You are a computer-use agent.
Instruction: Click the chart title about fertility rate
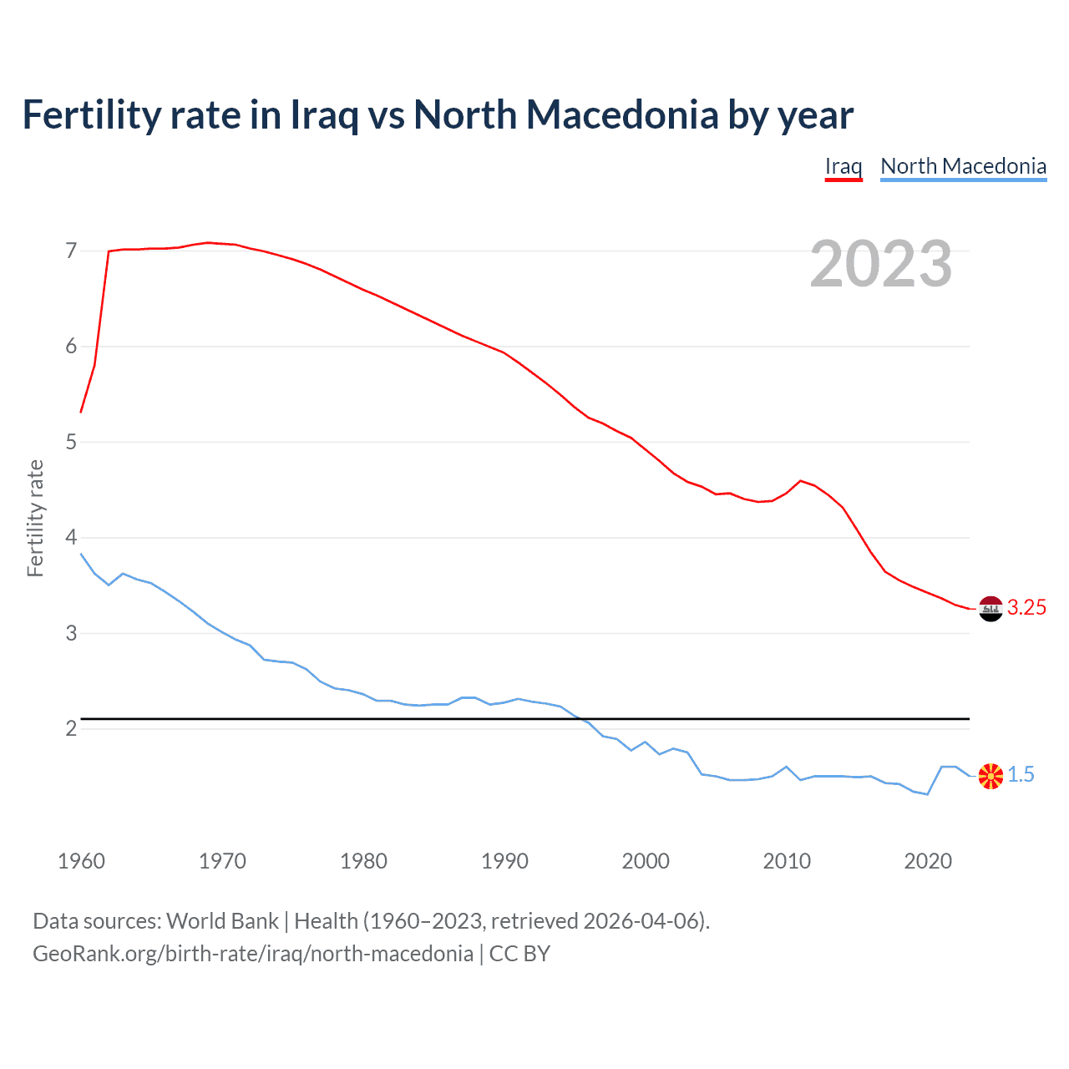(438, 115)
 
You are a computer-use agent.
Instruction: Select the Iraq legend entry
(844, 166)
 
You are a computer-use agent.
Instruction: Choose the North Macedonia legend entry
(963, 166)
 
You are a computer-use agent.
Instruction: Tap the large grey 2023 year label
(881, 264)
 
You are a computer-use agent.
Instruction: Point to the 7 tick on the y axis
(71, 251)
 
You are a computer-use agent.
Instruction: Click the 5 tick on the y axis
(71, 442)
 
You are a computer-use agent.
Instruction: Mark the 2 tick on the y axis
(71, 728)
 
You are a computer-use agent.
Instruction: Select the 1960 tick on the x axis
(81, 861)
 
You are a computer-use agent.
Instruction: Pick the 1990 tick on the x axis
(504, 861)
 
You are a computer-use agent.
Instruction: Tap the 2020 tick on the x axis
(928, 861)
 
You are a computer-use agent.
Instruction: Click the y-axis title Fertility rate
(35, 518)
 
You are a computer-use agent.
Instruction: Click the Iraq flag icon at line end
(990, 609)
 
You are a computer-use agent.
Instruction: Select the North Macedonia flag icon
(990, 776)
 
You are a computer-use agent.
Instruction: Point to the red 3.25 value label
(1026, 608)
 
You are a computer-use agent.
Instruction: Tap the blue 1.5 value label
(1021, 775)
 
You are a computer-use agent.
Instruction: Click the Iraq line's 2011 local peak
(801, 480)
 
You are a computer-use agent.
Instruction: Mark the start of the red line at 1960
(81, 412)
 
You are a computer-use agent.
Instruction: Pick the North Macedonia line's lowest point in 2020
(928, 794)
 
